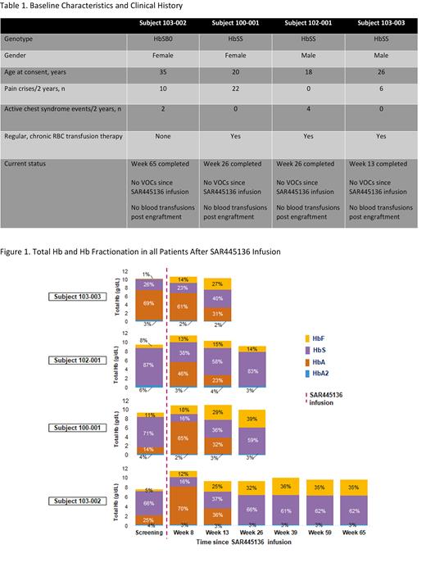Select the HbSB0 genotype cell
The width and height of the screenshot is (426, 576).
(162, 39)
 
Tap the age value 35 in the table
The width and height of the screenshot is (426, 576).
(162, 73)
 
